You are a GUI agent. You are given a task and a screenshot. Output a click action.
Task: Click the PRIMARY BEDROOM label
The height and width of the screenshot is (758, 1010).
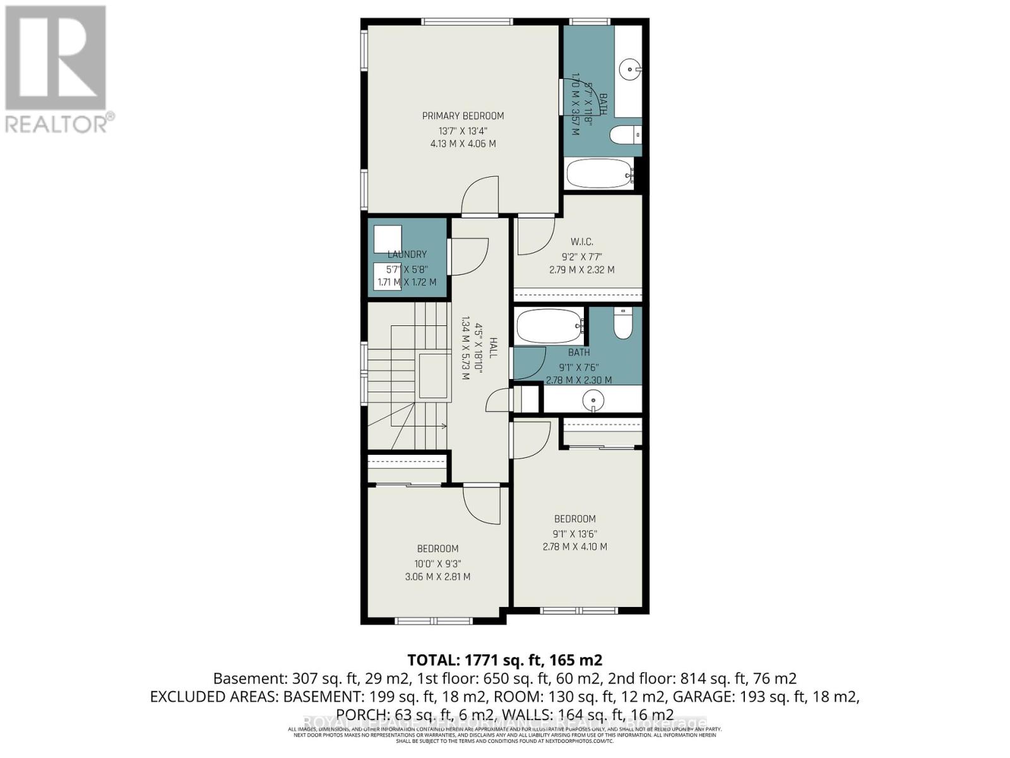(x=463, y=116)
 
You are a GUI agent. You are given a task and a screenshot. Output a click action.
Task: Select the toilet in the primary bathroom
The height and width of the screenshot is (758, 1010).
(x=626, y=135)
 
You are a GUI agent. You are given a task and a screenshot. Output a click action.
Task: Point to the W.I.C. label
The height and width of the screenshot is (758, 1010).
(x=581, y=242)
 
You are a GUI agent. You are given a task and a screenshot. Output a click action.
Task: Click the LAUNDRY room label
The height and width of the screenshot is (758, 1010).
(x=407, y=255)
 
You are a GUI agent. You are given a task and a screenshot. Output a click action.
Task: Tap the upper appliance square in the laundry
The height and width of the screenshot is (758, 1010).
(x=388, y=239)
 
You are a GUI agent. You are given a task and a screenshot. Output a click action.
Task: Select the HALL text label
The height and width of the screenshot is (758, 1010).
(x=494, y=348)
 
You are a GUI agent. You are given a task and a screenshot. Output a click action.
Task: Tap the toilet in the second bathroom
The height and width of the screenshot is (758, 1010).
(x=623, y=323)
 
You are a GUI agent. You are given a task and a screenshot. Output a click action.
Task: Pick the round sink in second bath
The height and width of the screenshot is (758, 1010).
(x=593, y=400)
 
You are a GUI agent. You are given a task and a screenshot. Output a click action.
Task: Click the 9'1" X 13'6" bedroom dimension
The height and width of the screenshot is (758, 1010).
(x=575, y=534)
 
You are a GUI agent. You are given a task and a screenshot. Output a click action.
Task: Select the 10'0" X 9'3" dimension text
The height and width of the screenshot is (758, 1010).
(x=437, y=563)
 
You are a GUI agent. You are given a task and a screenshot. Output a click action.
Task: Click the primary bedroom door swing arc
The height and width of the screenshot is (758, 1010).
(x=479, y=196)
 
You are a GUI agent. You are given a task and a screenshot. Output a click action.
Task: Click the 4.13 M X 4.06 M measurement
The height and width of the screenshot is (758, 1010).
(x=463, y=144)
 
